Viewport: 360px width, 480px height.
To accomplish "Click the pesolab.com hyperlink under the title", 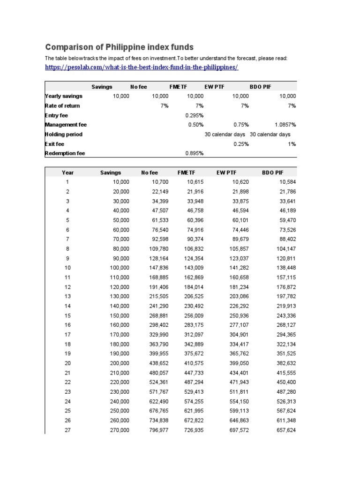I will coord(142,67).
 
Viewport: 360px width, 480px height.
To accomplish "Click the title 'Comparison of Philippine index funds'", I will coord(119,47).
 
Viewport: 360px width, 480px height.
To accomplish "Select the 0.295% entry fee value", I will coord(195,115).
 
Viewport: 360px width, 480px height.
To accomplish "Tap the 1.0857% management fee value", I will coord(285,125).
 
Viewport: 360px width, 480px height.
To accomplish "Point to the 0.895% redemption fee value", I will coord(195,153).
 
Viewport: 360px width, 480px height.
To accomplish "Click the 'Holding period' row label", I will coord(64,135).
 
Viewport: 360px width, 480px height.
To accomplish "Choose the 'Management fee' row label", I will coord(66,125).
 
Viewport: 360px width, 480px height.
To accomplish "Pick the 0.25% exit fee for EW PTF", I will coord(241,144).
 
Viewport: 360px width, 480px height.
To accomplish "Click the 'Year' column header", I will coord(68,172).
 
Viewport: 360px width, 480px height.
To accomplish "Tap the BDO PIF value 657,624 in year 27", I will coord(285,430).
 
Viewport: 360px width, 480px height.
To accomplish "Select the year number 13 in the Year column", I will coord(68,296).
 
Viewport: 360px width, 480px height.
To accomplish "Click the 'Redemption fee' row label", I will coord(65,153).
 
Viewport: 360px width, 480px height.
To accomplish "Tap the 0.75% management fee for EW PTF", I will coord(241,125).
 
